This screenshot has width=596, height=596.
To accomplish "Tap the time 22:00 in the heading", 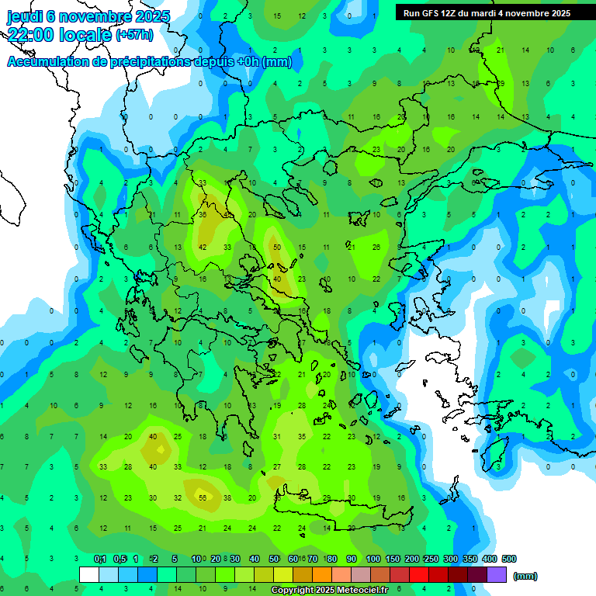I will (x=32, y=35).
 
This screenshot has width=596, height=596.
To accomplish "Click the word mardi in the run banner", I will (x=497, y=12).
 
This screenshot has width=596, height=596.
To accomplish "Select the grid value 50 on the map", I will (x=277, y=247).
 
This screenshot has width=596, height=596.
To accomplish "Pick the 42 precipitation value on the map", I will (x=203, y=247).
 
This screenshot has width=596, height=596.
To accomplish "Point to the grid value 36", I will (x=203, y=215).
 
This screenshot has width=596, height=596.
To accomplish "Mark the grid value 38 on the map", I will (x=227, y=498).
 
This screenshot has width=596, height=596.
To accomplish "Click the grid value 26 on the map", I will (x=376, y=247).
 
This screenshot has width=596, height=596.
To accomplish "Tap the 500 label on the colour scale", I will (x=509, y=559).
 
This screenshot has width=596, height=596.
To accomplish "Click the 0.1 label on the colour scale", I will (x=100, y=559).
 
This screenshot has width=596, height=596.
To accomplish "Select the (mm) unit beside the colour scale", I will (x=525, y=576).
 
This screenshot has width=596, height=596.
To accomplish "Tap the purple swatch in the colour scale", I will (x=497, y=575).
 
